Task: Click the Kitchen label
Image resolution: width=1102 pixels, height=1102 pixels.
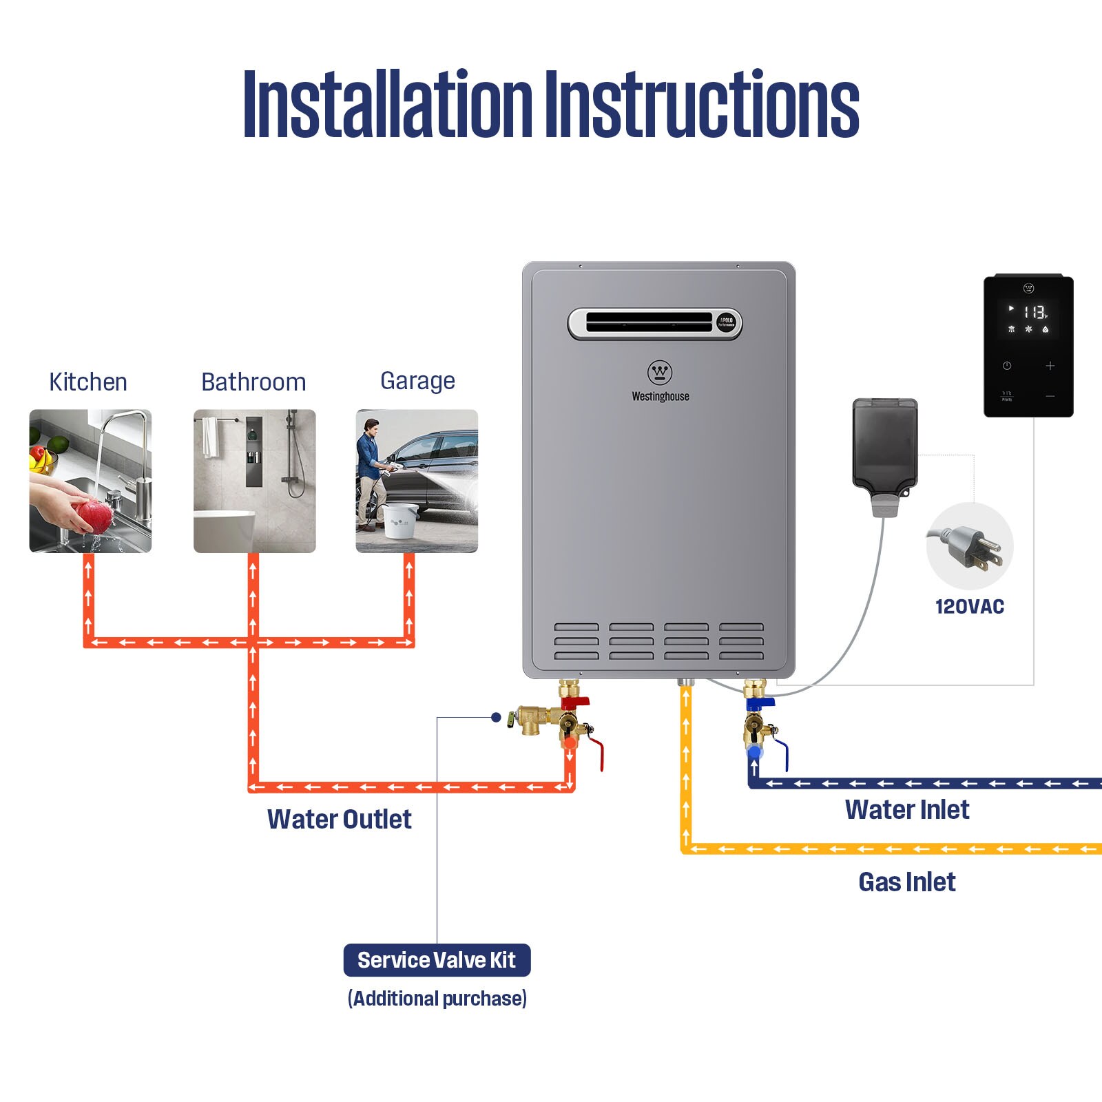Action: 88,382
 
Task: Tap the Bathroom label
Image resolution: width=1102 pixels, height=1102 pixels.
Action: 253,382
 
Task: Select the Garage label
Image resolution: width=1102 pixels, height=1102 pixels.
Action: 417,381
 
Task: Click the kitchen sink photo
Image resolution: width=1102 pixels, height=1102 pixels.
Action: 90,481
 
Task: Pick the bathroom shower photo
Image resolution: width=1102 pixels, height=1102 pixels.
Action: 255,481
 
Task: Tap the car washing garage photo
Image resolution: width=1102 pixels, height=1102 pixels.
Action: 417,481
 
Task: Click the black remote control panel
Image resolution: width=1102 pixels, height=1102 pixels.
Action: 1028,346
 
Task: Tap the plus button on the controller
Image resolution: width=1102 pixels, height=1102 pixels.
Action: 1050,366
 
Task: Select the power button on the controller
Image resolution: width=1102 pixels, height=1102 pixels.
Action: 1007,366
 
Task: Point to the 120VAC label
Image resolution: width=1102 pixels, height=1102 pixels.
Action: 969,607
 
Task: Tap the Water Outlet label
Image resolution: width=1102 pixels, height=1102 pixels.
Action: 339,820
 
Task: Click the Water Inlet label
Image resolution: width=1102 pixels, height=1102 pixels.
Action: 907,810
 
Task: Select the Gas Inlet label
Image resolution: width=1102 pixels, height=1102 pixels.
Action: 907,882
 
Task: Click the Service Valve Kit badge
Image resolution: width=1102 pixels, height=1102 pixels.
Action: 437,960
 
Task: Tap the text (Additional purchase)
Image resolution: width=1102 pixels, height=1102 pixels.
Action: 437,999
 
